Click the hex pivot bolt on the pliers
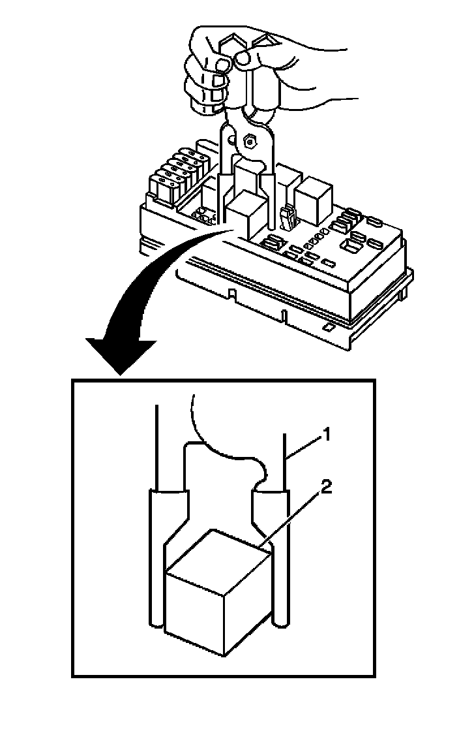[x=248, y=140]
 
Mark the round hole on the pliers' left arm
[x=226, y=136]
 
